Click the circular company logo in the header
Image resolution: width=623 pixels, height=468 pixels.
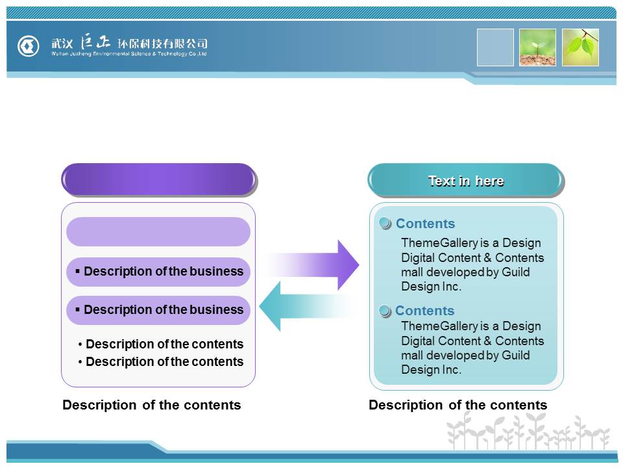coord(29,46)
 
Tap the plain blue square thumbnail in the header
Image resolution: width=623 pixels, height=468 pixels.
coord(495,47)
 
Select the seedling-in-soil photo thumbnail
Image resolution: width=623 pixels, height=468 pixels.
coord(537,47)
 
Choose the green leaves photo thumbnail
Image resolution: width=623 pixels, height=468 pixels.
coord(580,47)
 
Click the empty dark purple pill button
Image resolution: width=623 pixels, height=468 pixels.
coord(158,179)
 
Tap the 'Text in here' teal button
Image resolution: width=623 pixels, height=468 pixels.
coord(465,181)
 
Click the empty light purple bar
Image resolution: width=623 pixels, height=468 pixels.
coord(158,231)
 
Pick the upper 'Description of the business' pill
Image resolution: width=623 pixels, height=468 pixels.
coord(158,272)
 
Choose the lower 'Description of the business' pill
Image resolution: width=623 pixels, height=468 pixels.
coord(158,310)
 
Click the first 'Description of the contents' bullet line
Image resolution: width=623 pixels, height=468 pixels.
coord(161,344)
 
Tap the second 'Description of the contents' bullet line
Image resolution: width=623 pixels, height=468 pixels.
coord(161,361)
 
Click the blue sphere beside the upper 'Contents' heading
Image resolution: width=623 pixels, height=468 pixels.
coord(385,224)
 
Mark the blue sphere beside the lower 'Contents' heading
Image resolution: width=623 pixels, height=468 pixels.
coord(385,311)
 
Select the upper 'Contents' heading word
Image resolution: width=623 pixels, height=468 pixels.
coord(425,224)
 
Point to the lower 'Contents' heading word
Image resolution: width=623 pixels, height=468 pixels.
coord(424,311)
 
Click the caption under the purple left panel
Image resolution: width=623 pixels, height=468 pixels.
coord(151,405)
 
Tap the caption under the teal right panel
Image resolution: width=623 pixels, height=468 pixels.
coord(458,405)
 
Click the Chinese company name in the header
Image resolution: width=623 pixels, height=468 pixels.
coord(129,44)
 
